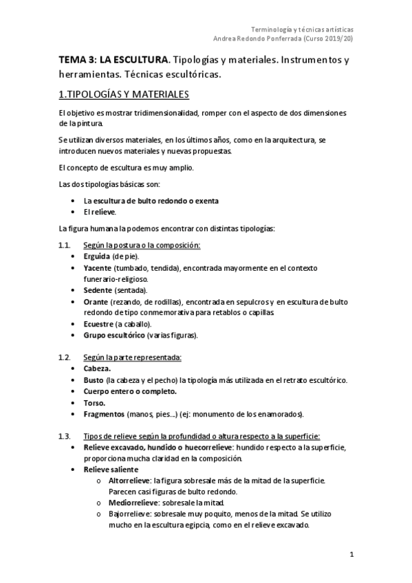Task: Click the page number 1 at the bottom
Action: tap(351, 555)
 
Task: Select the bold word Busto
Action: tap(94, 380)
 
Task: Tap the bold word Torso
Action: tap(95, 402)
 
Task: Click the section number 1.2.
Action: tap(65, 357)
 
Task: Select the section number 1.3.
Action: tap(65, 437)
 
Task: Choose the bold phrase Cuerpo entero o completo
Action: tap(129, 391)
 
